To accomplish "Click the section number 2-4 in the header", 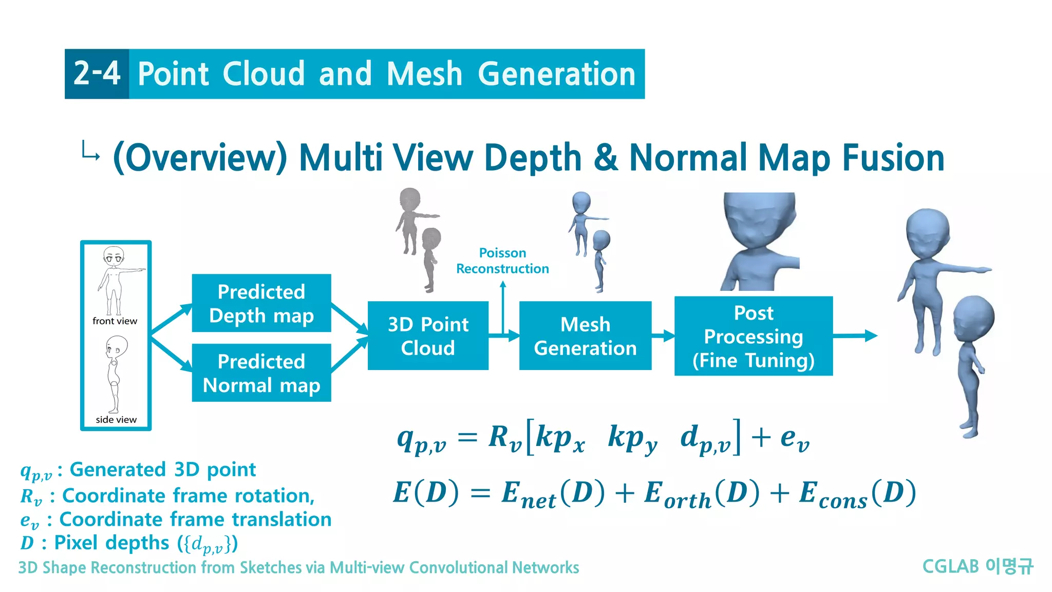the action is point(97,73).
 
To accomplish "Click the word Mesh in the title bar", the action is point(424,73).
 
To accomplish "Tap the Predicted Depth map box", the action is point(261,303).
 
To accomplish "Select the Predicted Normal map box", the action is point(261,373).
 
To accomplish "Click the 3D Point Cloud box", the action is point(428,336).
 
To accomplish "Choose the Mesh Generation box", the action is point(585,336).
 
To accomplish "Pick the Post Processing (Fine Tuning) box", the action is point(753,336).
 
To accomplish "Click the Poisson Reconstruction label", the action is point(502,261).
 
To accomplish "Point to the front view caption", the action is point(115,321).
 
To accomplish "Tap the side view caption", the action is point(116,420).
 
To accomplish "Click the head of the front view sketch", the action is point(114,255).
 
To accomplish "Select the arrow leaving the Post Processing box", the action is point(855,336).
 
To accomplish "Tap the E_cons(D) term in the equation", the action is point(857,493).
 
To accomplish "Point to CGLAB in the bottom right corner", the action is point(950,566).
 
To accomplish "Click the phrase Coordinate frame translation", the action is point(195,519).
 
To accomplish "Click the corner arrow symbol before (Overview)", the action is point(90,152).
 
